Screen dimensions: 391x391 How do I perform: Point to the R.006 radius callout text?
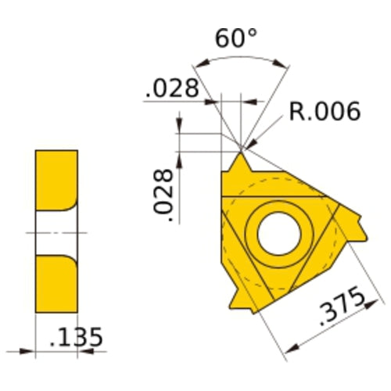click(324, 112)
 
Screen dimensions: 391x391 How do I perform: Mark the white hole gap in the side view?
click(56, 232)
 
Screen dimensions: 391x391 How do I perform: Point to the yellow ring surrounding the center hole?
click(252, 231)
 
